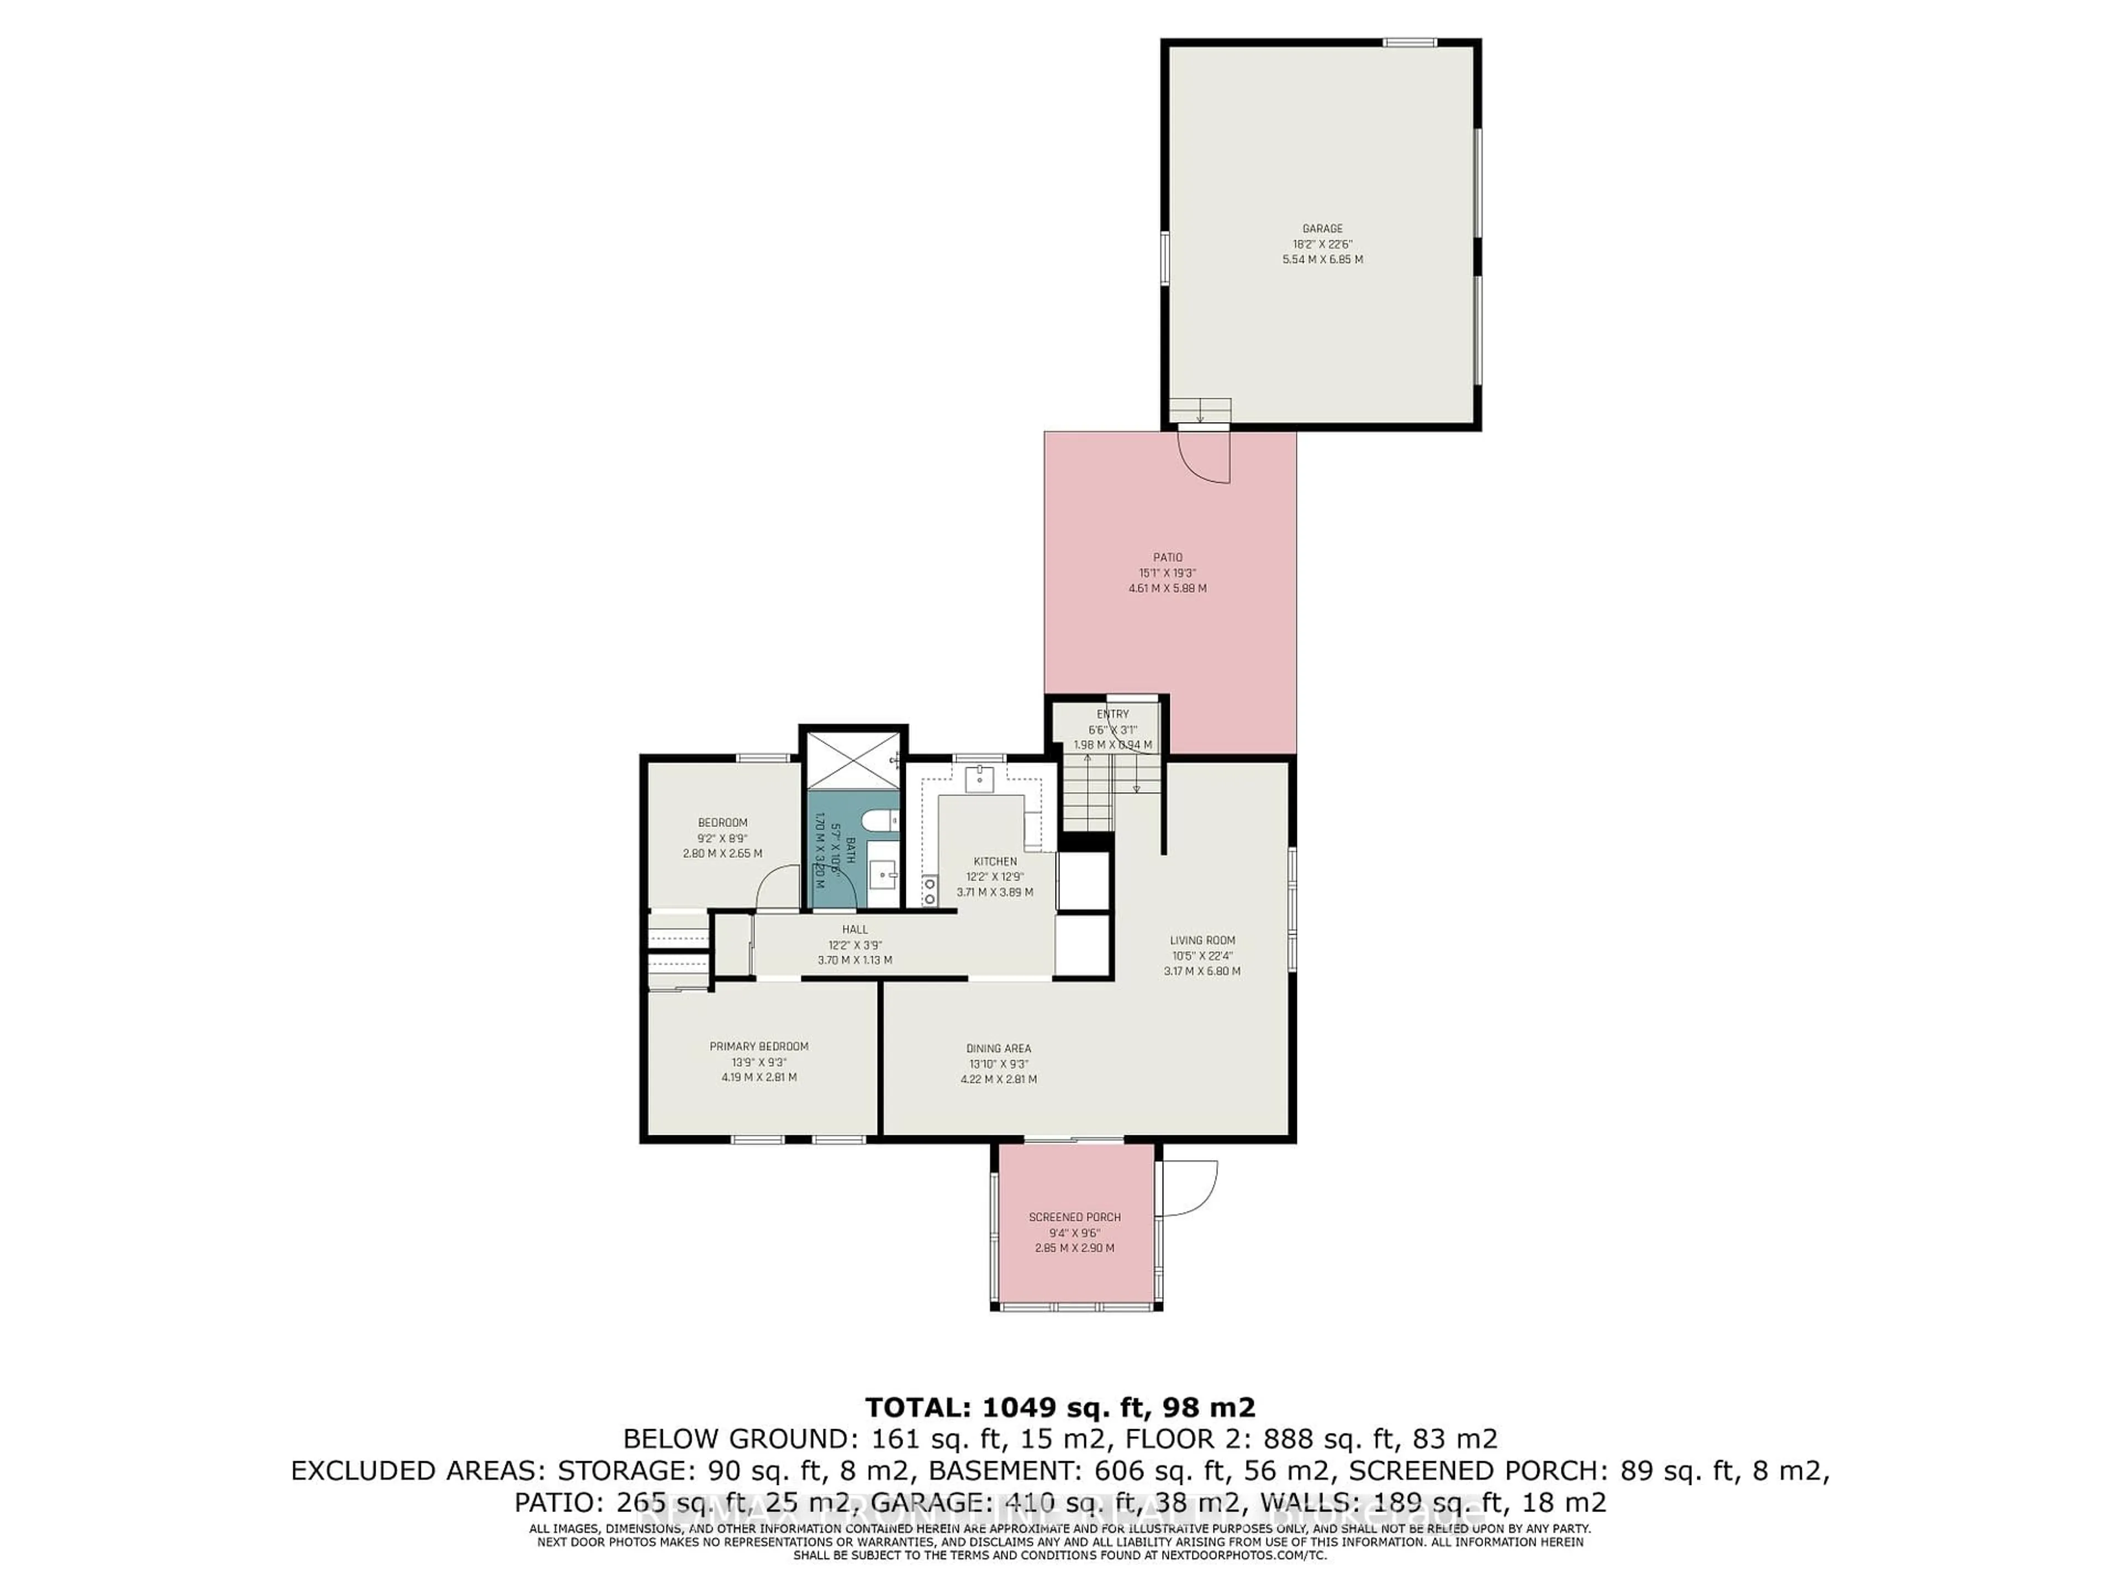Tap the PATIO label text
coord(1167,557)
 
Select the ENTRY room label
coord(1112,714)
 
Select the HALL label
coord(854,929)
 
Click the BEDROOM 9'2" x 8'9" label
coord(722,823)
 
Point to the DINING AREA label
coord(998,1048)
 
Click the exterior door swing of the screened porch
coord(1190,1190)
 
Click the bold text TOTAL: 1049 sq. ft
coord(1059,1408)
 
